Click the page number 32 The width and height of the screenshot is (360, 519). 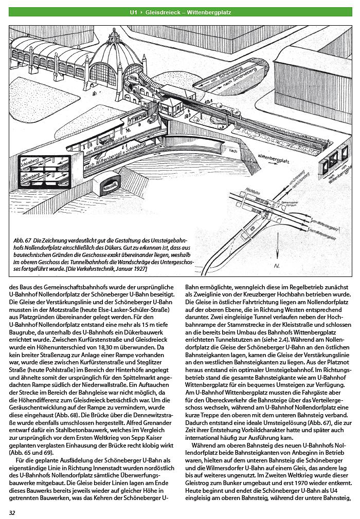[x=12, y=512]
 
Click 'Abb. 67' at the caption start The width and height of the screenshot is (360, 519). [x=23, y=240]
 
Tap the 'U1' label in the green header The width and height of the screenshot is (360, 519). [x=134, y=10]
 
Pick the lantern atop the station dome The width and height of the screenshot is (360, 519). [x=113, y=32]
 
